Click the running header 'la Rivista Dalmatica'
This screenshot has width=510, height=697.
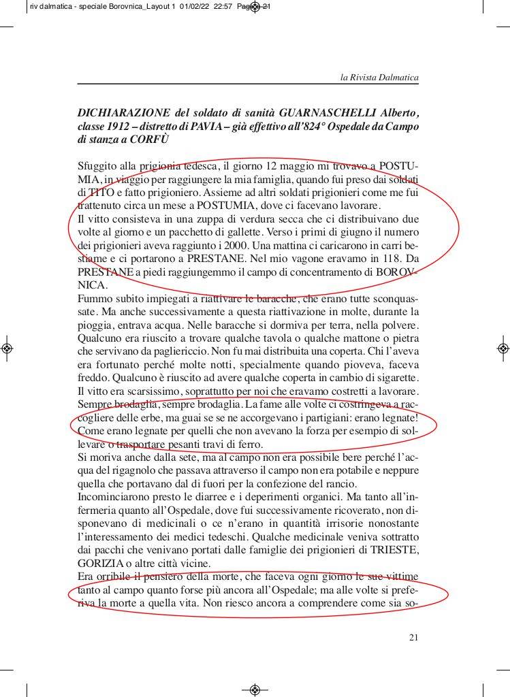point(379,78)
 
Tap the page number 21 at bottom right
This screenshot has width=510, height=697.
point(413,637)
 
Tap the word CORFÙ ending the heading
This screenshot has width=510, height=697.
point(148,140)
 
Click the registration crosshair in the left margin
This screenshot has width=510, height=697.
point(6,348)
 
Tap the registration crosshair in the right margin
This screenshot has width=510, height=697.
point(503,348)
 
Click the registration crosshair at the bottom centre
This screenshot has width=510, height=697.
point(255,689)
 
